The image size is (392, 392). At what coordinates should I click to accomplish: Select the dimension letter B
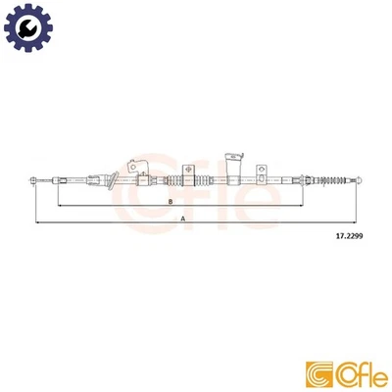coord(171,203)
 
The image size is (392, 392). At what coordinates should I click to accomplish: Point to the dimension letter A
coord(182,219)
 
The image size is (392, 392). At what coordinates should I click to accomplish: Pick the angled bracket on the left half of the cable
coord(113,180)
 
